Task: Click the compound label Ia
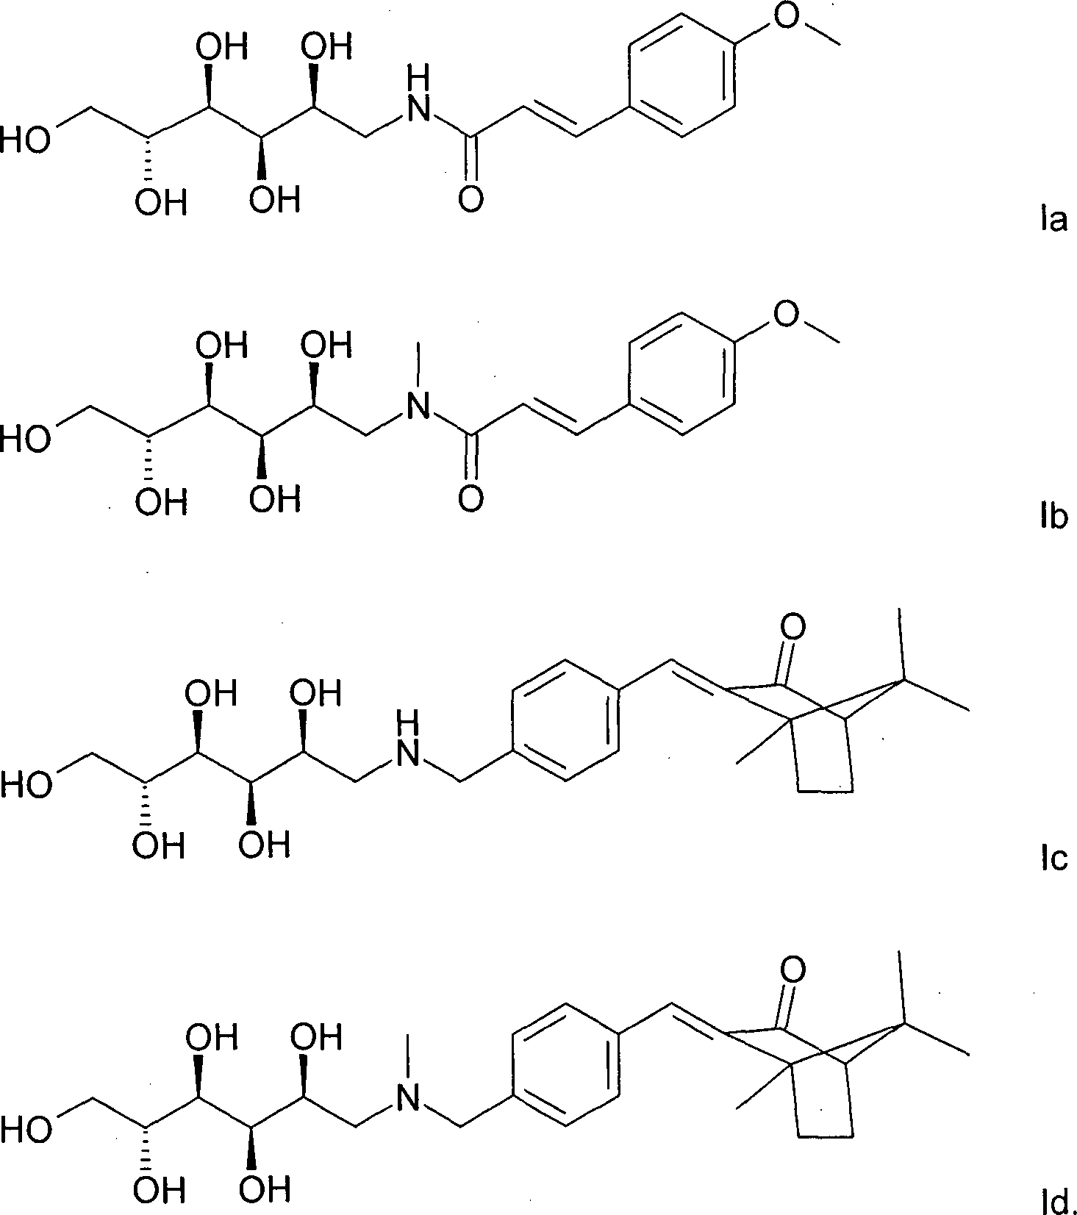pos(1053,220)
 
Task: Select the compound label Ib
pos(1053,517)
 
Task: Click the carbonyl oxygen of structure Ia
pos(470,198)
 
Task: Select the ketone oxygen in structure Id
pos(792,970)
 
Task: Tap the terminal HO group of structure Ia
pos(25,140)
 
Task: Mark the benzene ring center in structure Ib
pos(683,376)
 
